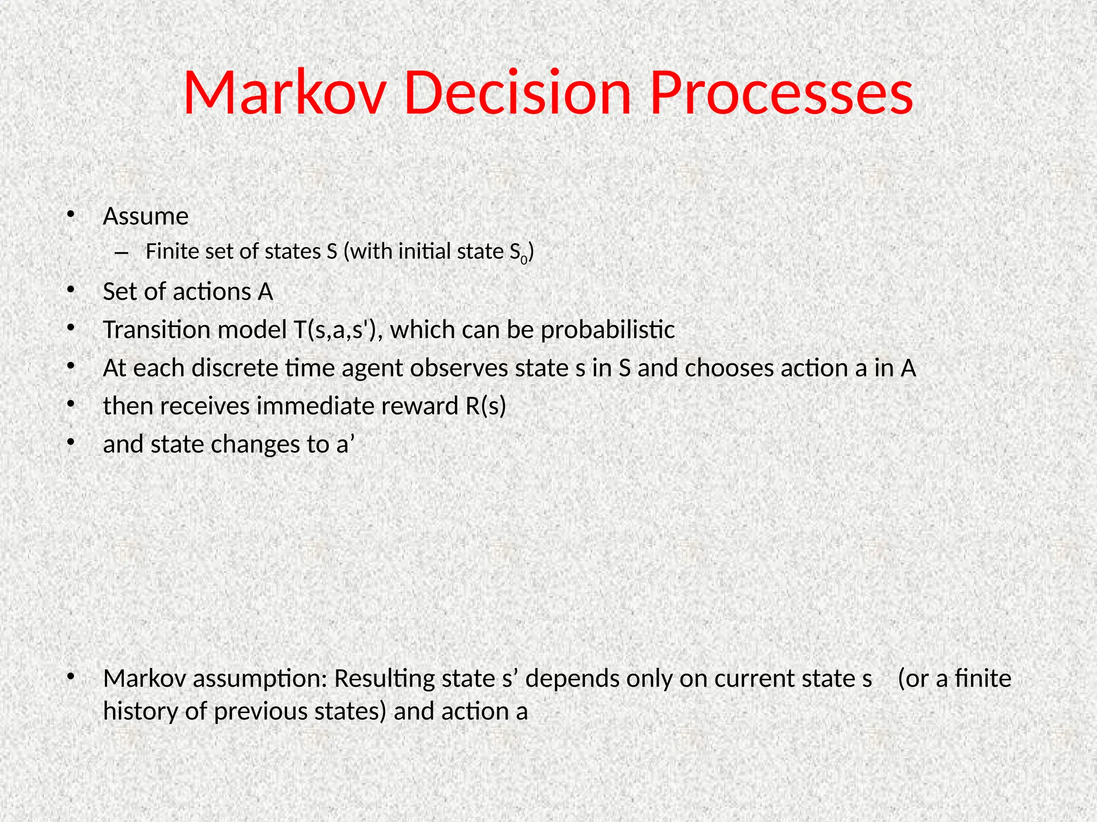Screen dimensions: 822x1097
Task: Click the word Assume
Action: (146, 217)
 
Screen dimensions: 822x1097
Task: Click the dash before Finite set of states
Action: (121, 252)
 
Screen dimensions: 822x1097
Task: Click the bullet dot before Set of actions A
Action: (70, 291)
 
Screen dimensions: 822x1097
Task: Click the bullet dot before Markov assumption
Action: (70, 678)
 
